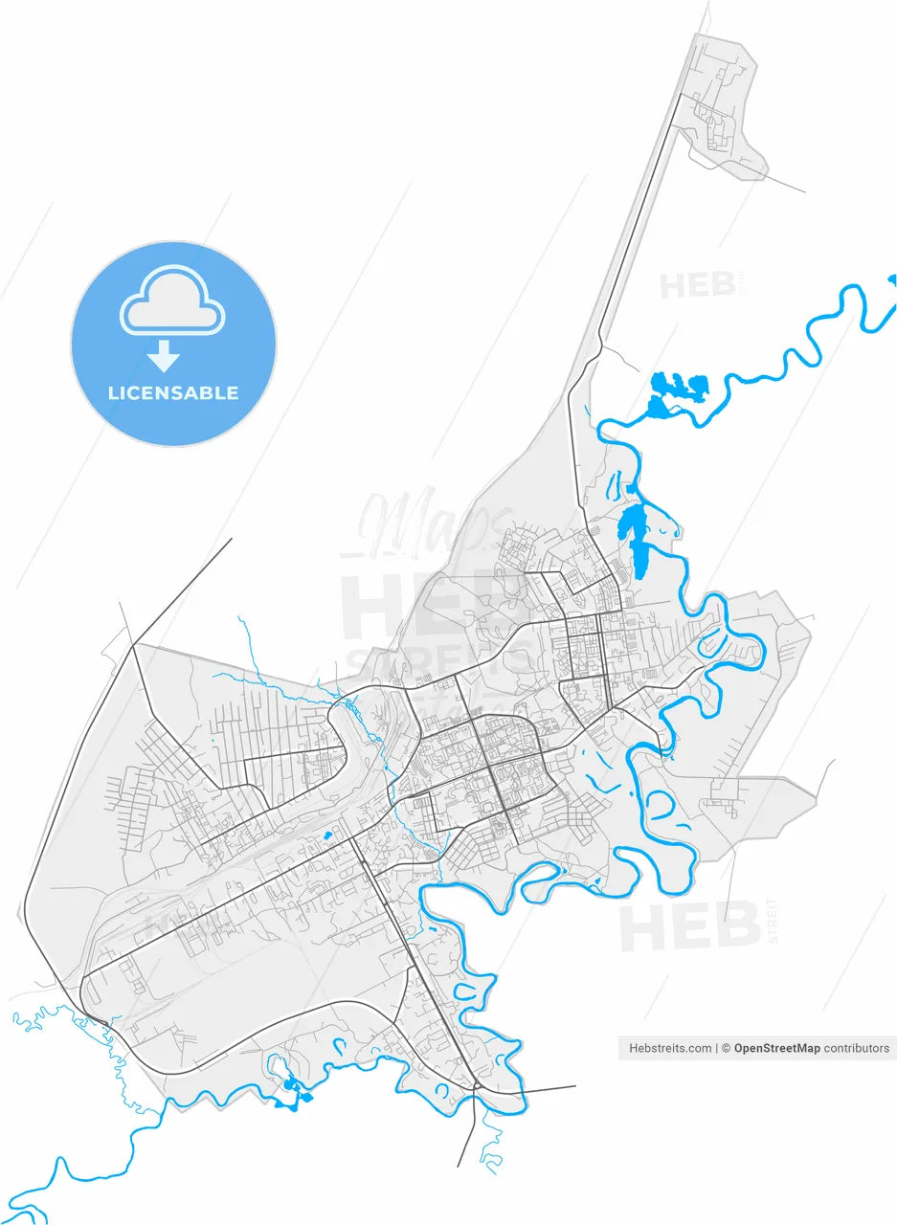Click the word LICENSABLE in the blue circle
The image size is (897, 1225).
tap(173, 393)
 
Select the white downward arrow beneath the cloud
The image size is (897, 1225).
tap(164, 356)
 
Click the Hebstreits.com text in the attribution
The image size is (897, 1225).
tap(669, 1048)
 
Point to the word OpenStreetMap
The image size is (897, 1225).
tap(776, 1048)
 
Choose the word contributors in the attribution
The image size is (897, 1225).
tap(857, 1048)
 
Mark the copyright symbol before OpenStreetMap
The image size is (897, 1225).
tap(727, 1048)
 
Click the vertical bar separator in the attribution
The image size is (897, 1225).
tap(716, 1048)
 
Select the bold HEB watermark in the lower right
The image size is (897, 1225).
tap(689, 926)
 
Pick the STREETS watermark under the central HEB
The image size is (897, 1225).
tap(440, 660)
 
